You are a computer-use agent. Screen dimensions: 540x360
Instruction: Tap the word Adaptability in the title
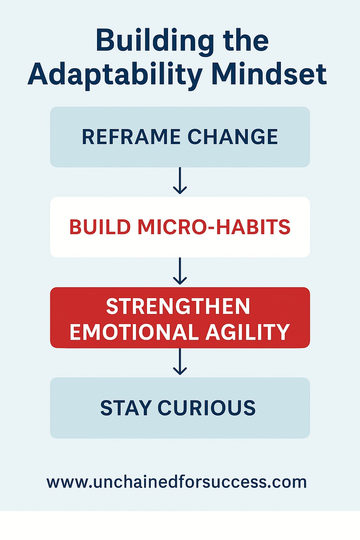pyautogui.click(x=115, y=75)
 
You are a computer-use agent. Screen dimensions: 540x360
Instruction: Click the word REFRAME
pyautogui.click(x=131, y=137)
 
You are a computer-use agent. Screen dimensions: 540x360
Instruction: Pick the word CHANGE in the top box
pyautogui.click(x=232, y=137)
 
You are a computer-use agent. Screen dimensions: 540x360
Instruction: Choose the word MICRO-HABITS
pyautogui.click(x=214, y=227)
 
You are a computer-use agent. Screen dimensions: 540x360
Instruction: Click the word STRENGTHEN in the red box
pyautogui.click(x=178, y=306)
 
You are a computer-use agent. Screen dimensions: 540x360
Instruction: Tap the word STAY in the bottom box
pyautogui.click(x=126, y=408)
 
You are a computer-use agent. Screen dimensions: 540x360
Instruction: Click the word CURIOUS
pyautogui.click(x=206, y=408)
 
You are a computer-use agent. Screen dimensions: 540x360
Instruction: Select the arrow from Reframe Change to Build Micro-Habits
pyautogui.click(x=180, y=181)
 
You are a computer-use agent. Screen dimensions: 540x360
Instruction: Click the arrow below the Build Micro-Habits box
pyautogui.click(x=180, y=271)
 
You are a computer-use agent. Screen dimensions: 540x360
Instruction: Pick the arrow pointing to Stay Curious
pyautogui.click(x=180, y=362)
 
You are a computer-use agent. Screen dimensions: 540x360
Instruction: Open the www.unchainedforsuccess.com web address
pyautogui.click(x=176, y=482)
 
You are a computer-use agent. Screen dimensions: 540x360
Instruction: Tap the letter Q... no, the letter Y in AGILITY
pyautogui.click(x=282, y=332)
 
